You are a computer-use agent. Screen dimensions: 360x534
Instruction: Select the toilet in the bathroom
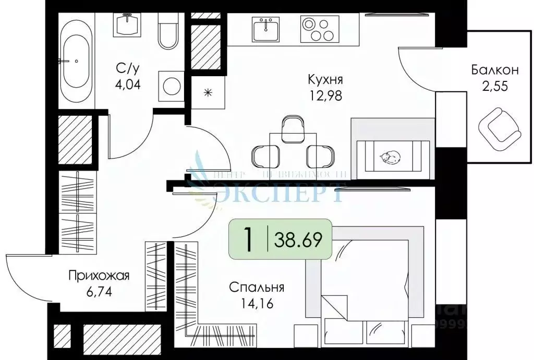coord(168,31)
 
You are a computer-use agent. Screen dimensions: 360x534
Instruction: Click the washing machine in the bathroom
coord(171,85)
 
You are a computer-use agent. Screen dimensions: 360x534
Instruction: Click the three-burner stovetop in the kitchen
coord(318,29)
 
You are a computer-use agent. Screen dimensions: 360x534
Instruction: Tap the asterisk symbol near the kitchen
coord(208,93)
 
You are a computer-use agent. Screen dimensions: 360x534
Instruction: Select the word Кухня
coord(325,80)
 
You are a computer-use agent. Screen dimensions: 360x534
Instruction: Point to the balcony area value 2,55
coord(494,86)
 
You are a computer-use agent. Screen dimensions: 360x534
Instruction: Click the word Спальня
coord(257,287)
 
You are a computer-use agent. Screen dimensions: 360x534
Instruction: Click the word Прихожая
coord(99,276)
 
